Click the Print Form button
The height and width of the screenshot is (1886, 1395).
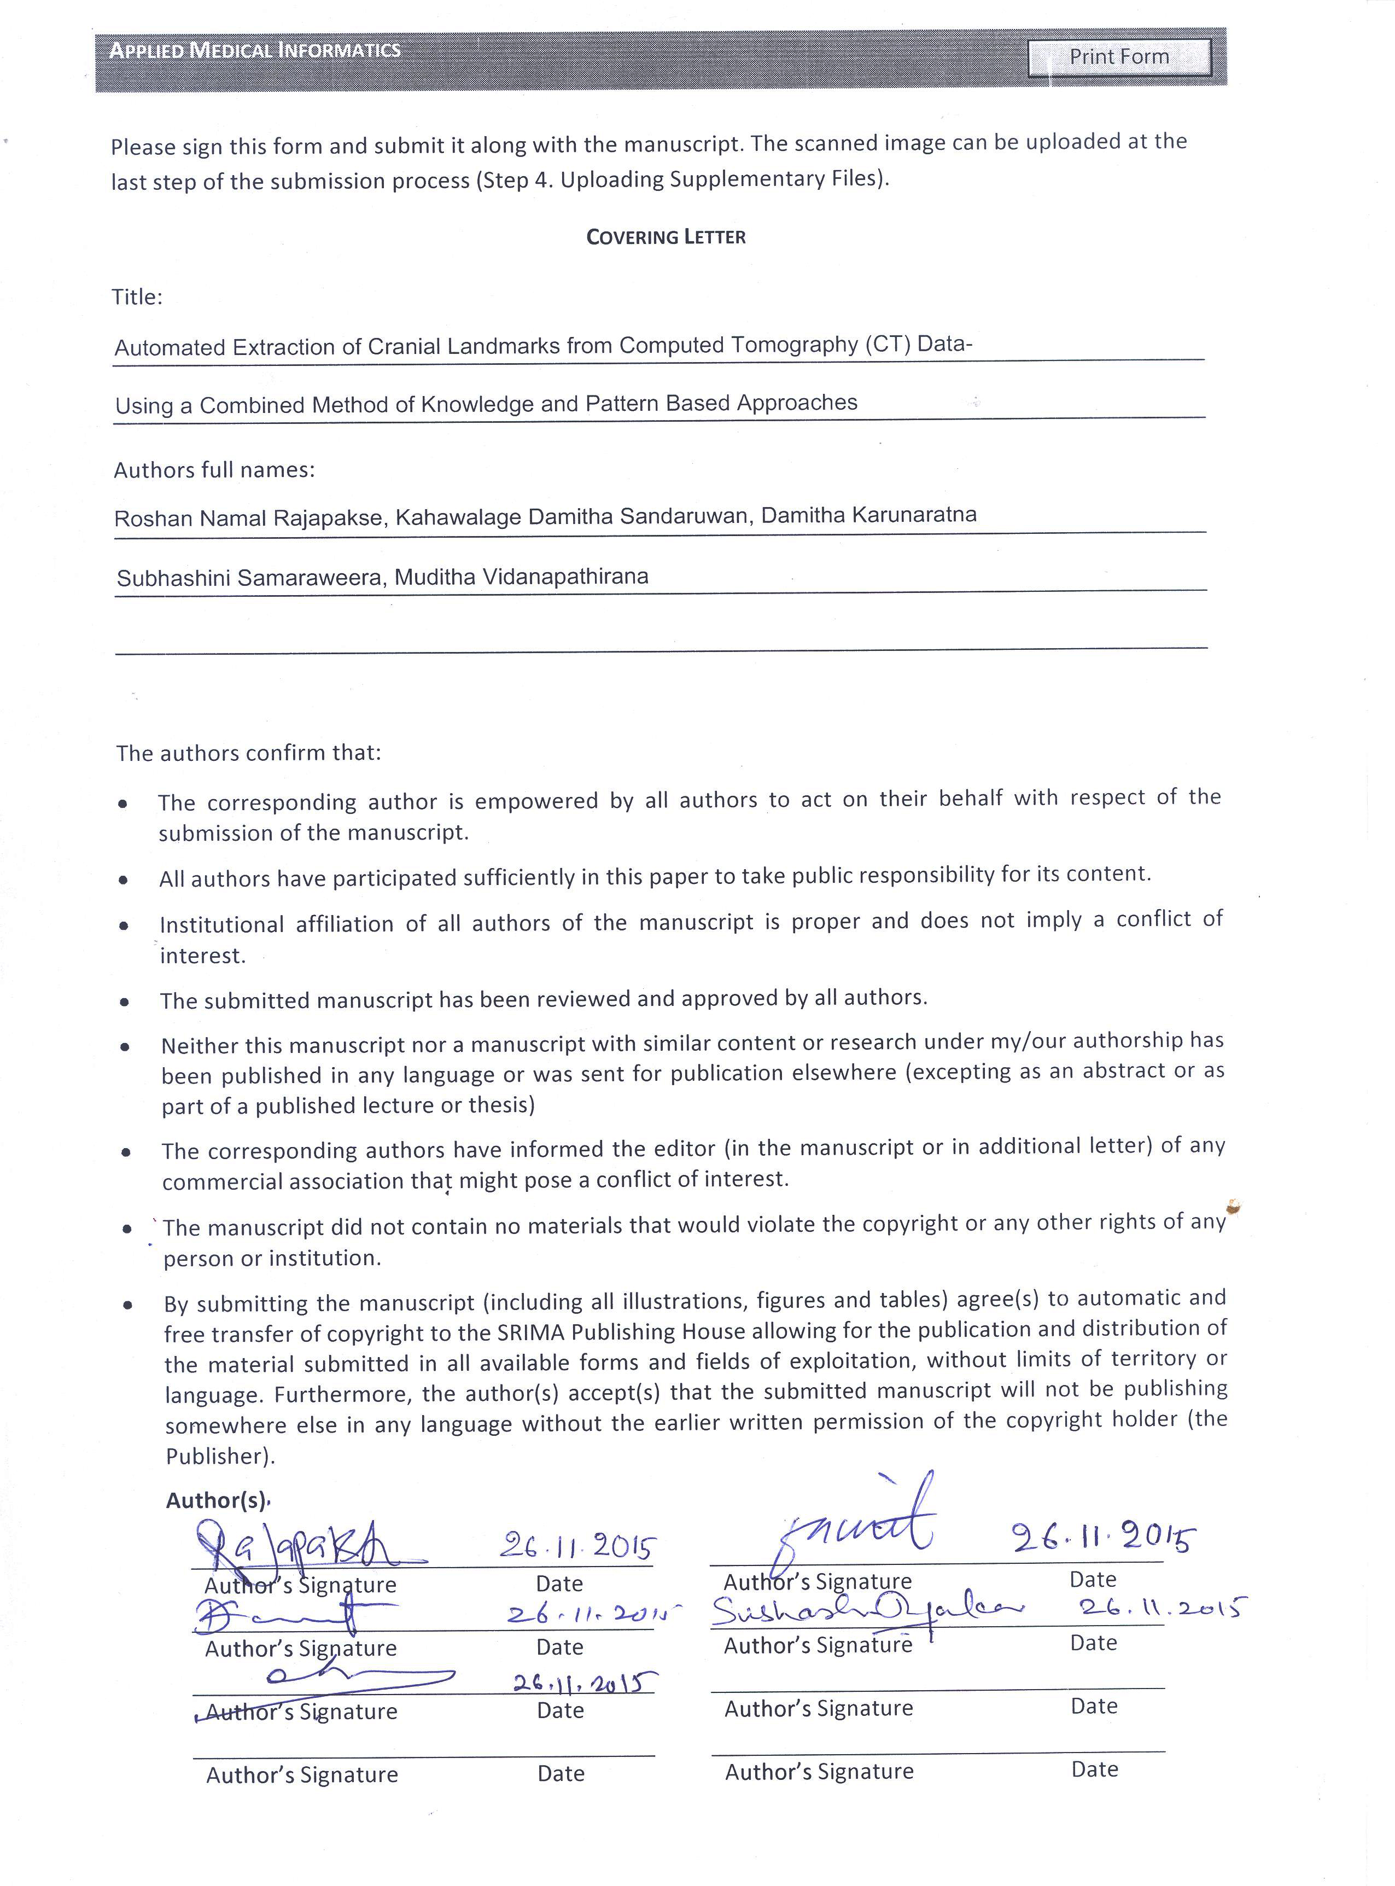[x=1119, y=56]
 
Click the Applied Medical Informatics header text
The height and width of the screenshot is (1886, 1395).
[x=254, y=51]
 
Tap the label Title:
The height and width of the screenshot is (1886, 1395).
[x=137, y=298]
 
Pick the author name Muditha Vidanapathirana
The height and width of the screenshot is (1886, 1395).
[x=521, y=577]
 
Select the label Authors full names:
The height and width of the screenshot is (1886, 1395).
[x=214, y=470]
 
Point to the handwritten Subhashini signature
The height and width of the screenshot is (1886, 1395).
[x=866, y=1611]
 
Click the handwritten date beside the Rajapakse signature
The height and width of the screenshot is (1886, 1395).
[x=577, y=1546]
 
